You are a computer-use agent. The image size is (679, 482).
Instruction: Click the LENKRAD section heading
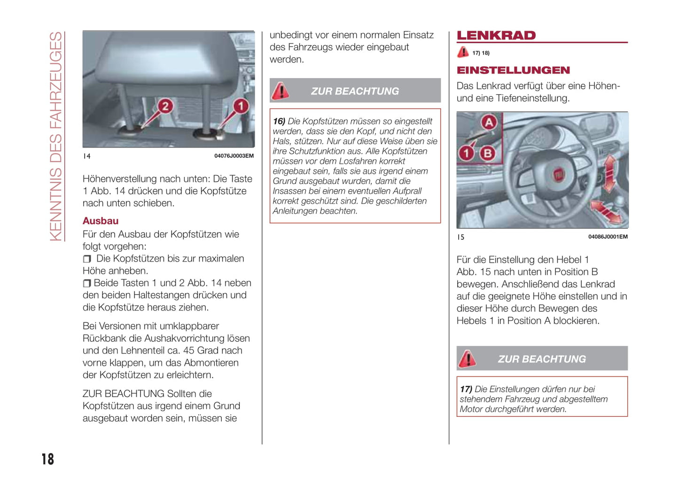click(x=496, y=36)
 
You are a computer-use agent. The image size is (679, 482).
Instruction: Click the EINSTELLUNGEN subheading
click(x=513, y=70)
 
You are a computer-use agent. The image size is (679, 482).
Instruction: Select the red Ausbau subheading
click(x=101, y=221)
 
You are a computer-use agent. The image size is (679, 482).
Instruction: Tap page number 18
click(x=47, y=459)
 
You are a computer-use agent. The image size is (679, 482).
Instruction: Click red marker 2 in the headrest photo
click(x=165, y=106)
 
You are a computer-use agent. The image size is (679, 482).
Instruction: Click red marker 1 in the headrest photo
click(x=241, y=106)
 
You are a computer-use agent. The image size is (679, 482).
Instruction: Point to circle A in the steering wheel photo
click(x=489, y=123)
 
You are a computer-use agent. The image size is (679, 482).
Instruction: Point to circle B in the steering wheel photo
click(x=488, y=153)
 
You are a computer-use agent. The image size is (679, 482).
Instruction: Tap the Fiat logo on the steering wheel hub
click(x=558, y=175)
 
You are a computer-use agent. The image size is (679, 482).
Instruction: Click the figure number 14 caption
click(x=86, y=156)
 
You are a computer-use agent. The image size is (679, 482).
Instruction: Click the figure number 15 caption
click(x=460, y=237)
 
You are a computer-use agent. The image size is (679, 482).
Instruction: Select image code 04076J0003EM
click(x=234, y=156)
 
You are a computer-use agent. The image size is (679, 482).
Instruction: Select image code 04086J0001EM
click(x=608, y=237)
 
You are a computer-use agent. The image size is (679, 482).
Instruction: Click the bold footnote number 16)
click(x=279, y=121)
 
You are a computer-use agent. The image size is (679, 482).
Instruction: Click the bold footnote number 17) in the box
click(x=466, y=389)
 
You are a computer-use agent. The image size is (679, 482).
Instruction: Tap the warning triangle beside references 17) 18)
click(x=463, y=52)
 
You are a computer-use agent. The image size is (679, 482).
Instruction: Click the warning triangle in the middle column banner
click(x=281, y=91)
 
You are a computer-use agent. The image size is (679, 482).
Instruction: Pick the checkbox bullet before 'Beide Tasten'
click(x=86, y=283)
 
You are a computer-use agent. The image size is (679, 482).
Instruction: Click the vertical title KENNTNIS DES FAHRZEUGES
click(x=56, y=136)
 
